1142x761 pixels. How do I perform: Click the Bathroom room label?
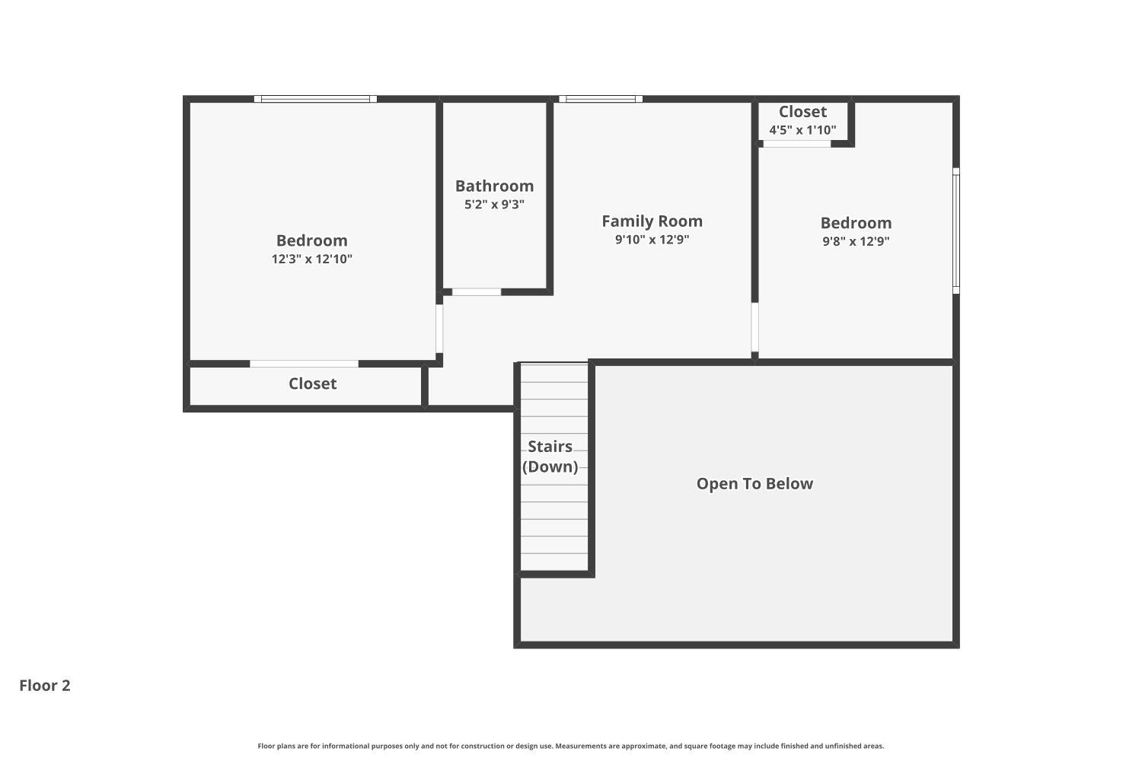pos(494,186)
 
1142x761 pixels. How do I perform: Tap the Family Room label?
pos(652,221)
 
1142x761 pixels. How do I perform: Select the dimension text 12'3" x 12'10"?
pos(311,259)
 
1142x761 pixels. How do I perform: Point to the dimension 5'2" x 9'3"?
pos(494,204)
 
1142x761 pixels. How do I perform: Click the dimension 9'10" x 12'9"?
pos(652,239)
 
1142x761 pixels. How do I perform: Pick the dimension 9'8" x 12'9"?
pos(856,241)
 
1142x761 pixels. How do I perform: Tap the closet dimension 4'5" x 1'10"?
pos(802,130)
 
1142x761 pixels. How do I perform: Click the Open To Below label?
pos(754,484)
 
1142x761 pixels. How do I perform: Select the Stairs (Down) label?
pos(550,457)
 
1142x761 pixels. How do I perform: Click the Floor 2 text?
pos(45,686)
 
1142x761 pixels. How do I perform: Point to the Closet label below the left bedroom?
pos(312,384)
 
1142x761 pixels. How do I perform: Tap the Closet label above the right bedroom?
pos(802,112)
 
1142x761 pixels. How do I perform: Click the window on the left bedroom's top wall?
pos(315,99)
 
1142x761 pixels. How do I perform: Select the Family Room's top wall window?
pos(601,99)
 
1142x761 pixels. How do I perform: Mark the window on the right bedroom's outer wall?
pos(956,231)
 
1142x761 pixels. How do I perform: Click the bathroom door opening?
pos(477,292)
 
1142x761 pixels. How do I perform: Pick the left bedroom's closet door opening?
pos(304,364)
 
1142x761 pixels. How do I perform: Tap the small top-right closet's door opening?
pos(797,144)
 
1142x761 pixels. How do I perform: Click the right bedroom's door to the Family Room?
pos(754,327)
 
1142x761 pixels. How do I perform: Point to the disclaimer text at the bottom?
pos(571,747)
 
